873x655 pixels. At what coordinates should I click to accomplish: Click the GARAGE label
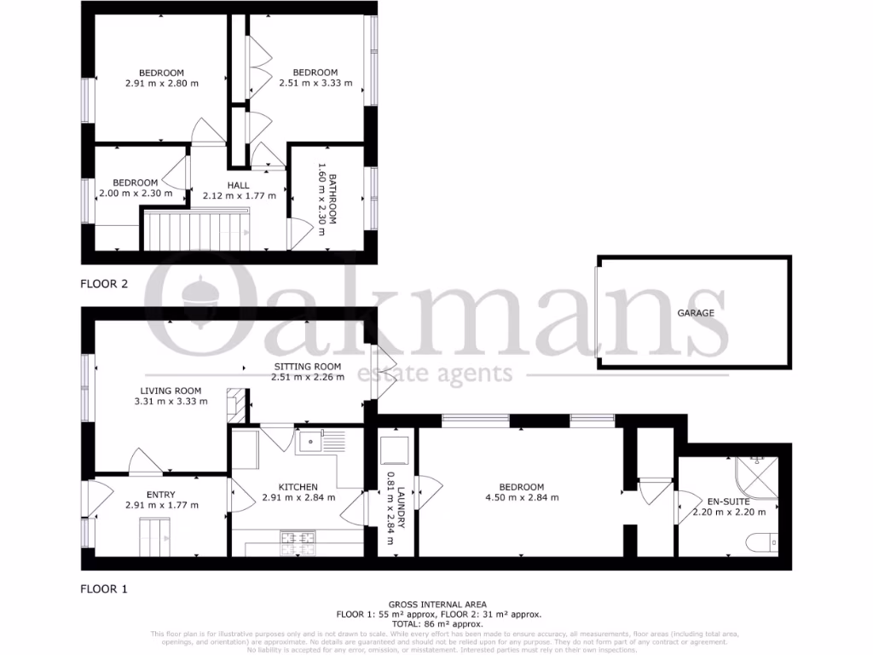696,313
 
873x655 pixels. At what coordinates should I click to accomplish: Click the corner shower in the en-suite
758,478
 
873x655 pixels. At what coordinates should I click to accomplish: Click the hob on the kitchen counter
298,538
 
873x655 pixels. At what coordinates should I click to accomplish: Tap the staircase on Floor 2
195,231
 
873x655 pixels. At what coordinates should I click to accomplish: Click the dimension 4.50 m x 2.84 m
514,498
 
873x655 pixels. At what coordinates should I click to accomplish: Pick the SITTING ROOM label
306,367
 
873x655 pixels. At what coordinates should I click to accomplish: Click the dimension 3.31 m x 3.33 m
171,401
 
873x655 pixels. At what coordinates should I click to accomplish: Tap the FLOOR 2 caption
104,284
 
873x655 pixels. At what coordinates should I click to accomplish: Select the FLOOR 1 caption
104,588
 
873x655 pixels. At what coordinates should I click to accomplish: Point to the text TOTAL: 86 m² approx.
436,623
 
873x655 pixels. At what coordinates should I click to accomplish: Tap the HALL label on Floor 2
238,184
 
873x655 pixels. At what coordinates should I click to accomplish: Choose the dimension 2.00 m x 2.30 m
136,193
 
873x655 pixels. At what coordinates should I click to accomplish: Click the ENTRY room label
160,495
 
